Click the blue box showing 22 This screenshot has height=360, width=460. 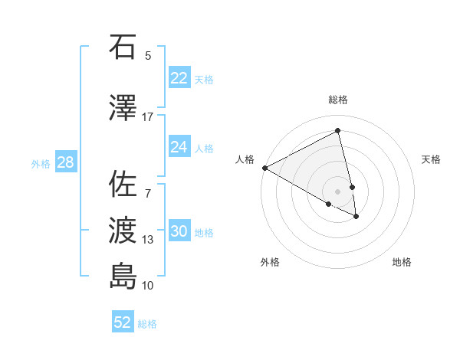coord(179,78)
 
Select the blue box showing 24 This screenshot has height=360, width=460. coord(179,147)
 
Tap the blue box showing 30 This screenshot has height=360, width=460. coord(179,231)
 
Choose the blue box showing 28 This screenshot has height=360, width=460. coord(65,162)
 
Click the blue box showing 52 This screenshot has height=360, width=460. coord(123,322)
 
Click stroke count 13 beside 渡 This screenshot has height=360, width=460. coord(148,240)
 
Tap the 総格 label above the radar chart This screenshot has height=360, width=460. coord(338,100)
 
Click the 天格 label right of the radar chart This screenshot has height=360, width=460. coord(432,159)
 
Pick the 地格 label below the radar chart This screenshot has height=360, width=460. coord(402,262)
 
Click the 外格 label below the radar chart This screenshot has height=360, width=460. coord(270,262)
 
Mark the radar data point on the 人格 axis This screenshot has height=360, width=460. coord(264,168)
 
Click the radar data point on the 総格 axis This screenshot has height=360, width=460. coord(338,131)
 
